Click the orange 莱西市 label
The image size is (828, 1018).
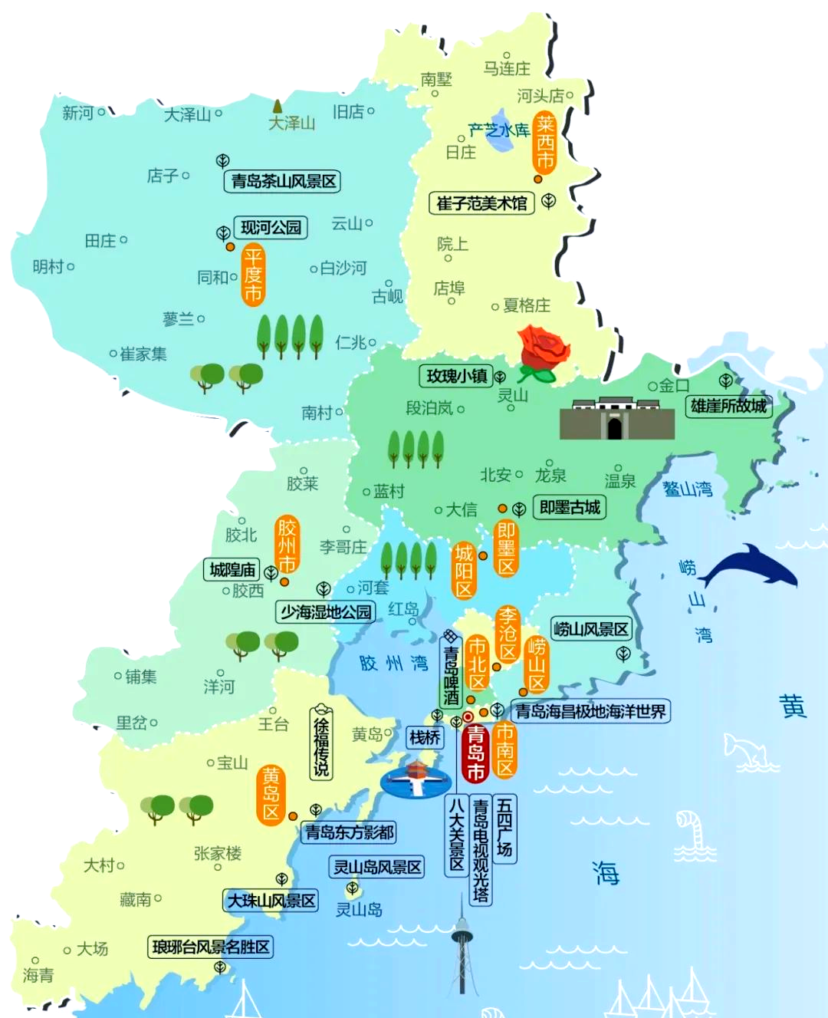544,142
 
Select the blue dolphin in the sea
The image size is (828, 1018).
747,567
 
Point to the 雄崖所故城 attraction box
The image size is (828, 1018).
728,406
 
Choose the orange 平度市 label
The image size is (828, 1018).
253,275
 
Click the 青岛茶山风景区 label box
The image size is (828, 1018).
284,182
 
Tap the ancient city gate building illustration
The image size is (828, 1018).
616,419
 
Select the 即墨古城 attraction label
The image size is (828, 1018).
570,507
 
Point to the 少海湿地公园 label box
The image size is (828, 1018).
326,611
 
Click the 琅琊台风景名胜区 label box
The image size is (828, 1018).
211,947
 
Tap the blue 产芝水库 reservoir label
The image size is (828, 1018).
499,130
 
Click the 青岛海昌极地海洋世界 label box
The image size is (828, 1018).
590,711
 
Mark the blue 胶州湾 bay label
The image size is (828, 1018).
393,663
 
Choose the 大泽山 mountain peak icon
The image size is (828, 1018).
277,107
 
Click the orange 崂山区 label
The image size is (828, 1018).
536,664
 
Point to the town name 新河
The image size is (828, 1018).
78,114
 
